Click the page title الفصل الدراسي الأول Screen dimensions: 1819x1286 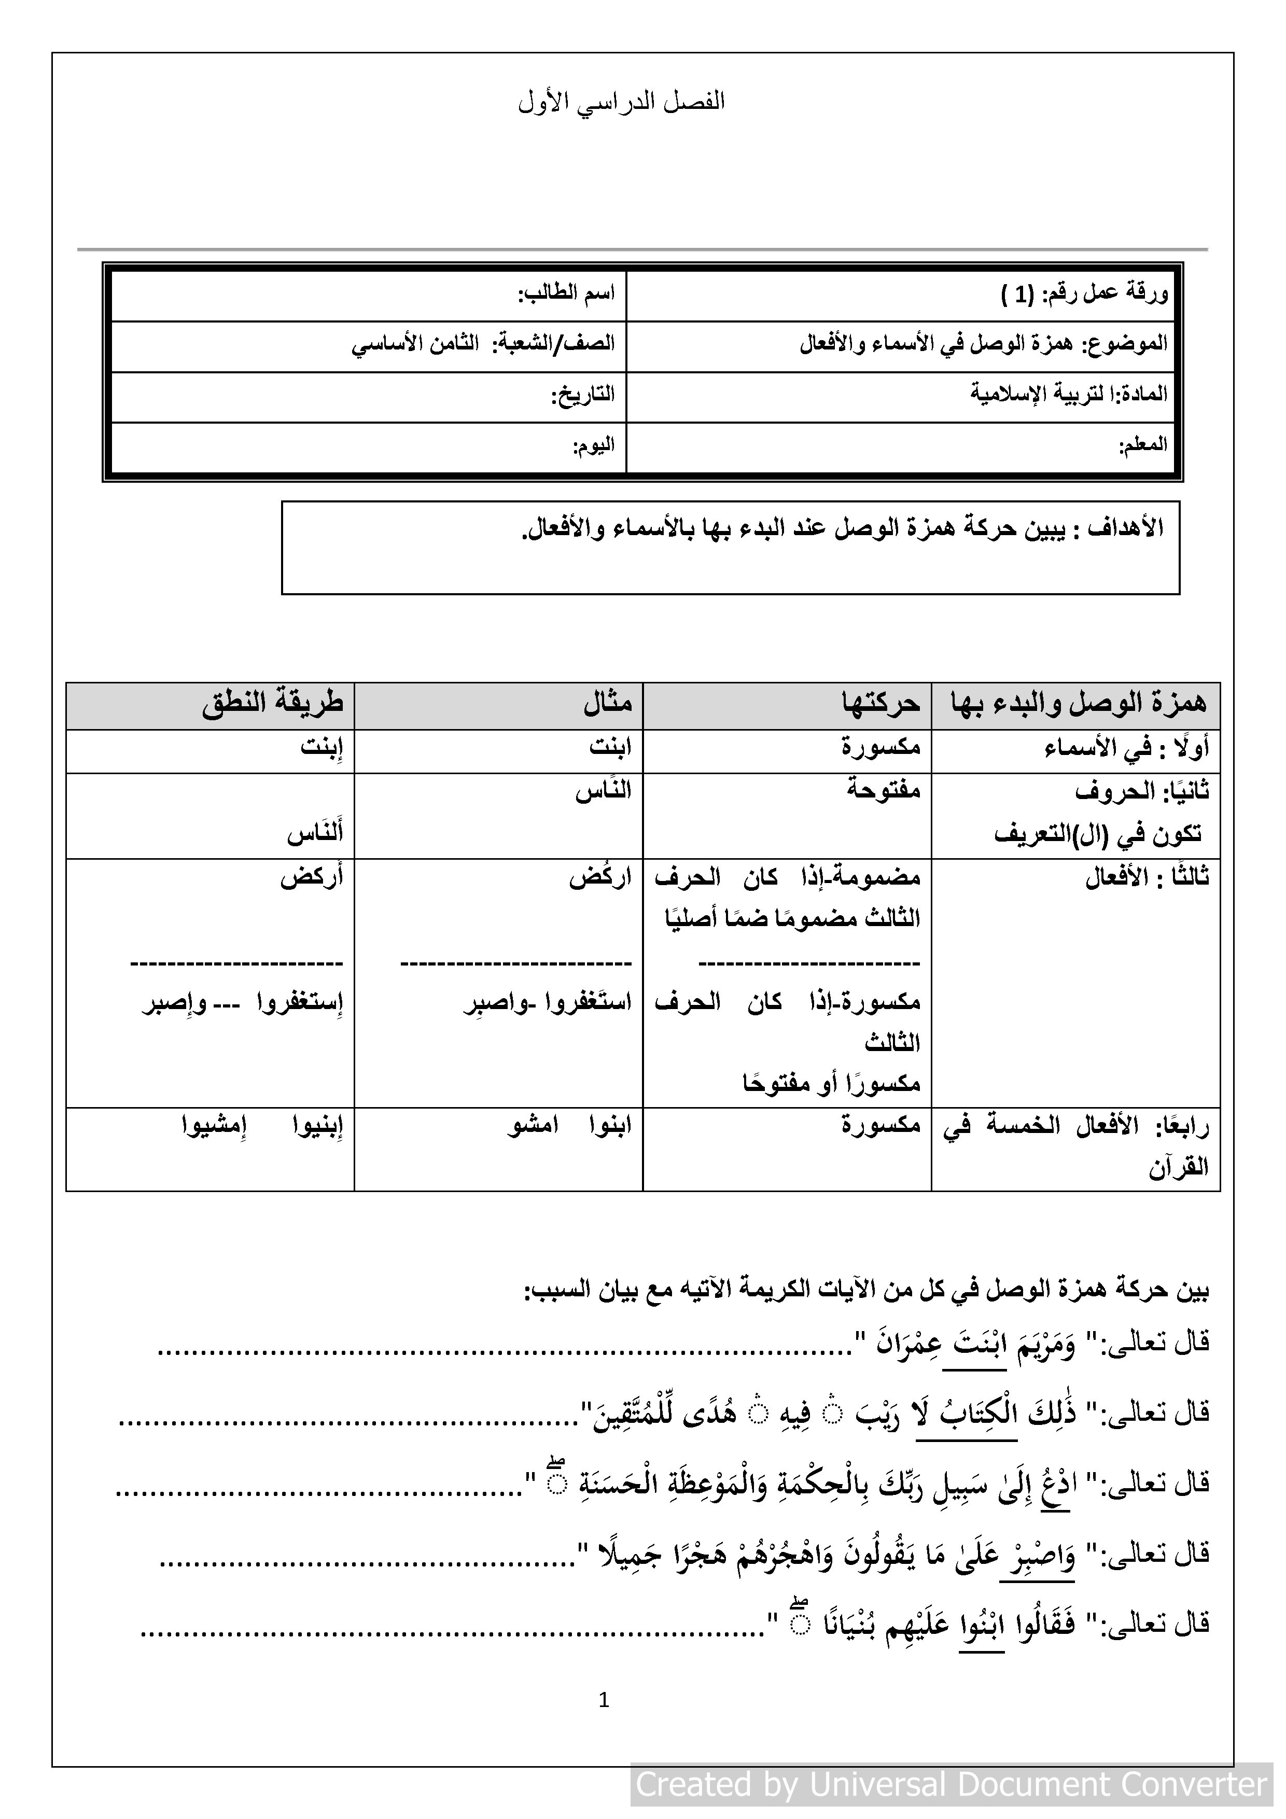(622, 102)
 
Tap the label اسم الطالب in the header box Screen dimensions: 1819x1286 (567, 294)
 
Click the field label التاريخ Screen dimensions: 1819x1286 (583, 395)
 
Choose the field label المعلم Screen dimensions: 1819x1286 (1143, 445)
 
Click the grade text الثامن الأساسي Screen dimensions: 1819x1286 (415, 345)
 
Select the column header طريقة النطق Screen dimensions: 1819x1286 (273, 704)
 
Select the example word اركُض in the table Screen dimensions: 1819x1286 (600, 878)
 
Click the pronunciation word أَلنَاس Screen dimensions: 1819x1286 (315, 833)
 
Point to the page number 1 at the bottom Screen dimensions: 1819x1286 (604, 1700)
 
